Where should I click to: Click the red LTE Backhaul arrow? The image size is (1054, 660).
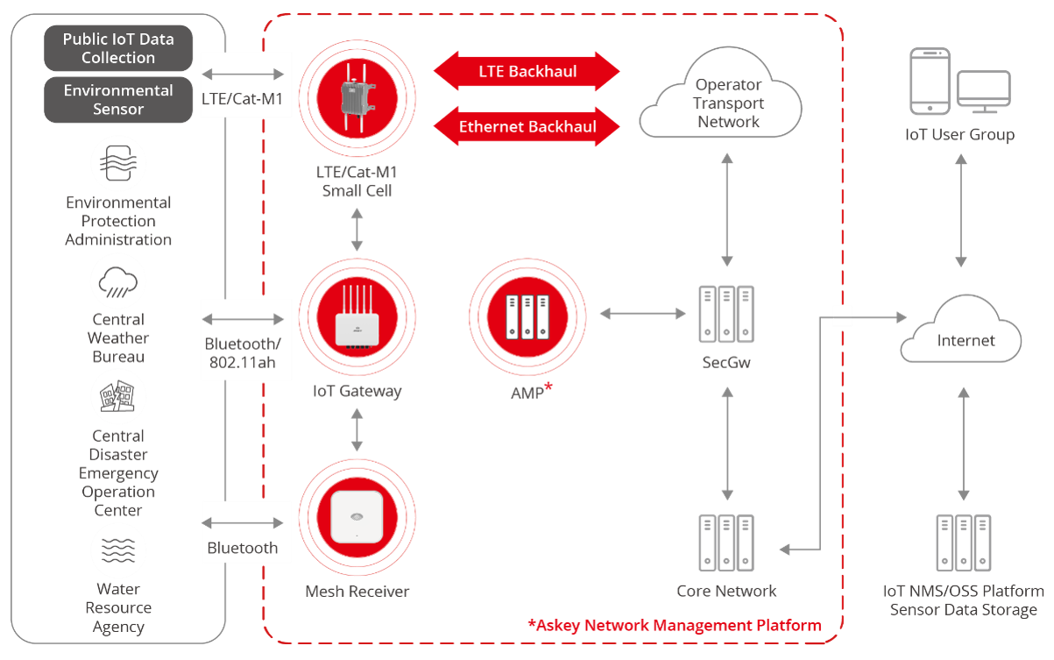point(527,71)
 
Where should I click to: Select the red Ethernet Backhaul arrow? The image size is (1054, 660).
point(527,126)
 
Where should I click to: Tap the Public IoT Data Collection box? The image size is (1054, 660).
point(118,48)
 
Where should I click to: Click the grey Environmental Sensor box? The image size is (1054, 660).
point(118,100)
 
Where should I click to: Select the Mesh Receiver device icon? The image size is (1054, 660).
point(357,517)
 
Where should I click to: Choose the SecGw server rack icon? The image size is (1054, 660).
point(726,313)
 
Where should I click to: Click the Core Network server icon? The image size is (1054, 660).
point(726,541)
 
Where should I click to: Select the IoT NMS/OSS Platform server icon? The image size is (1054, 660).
point(963,541)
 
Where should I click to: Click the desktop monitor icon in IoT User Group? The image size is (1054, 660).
point(983,92)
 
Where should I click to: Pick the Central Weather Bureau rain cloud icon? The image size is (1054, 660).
point(118,280)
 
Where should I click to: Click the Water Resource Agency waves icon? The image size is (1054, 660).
point(118,550)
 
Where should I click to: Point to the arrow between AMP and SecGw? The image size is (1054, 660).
point(642,312)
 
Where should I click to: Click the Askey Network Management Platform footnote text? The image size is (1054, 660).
point(675,625)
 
